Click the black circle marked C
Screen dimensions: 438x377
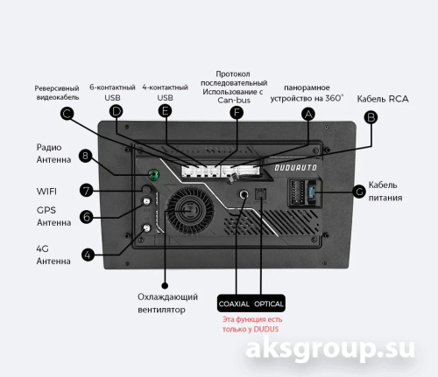(67, 114)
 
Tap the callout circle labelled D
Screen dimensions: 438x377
(117, 111)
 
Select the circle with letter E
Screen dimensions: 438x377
(165, 111)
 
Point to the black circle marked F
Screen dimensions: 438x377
(237, 113)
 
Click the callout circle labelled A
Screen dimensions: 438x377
(308, 114)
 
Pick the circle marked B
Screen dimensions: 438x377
(371, 117)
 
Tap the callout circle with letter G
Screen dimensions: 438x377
(359, 192)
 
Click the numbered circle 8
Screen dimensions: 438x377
(85, 156)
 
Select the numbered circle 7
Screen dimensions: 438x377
(87, 191)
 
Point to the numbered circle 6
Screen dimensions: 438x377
(87, 217)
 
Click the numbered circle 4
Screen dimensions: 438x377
(88, 255)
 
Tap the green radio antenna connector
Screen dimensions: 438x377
(153, 175)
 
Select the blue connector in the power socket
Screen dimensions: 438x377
(311, 192)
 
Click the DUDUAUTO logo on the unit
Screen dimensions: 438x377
(295, 168)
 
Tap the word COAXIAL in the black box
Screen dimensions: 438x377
(234, 304)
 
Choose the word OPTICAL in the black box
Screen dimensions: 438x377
(269, 304)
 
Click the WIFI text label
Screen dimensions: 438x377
(46, 192)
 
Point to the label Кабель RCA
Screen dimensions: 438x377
(383, 99)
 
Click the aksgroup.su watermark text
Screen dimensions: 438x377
(330, 348)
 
